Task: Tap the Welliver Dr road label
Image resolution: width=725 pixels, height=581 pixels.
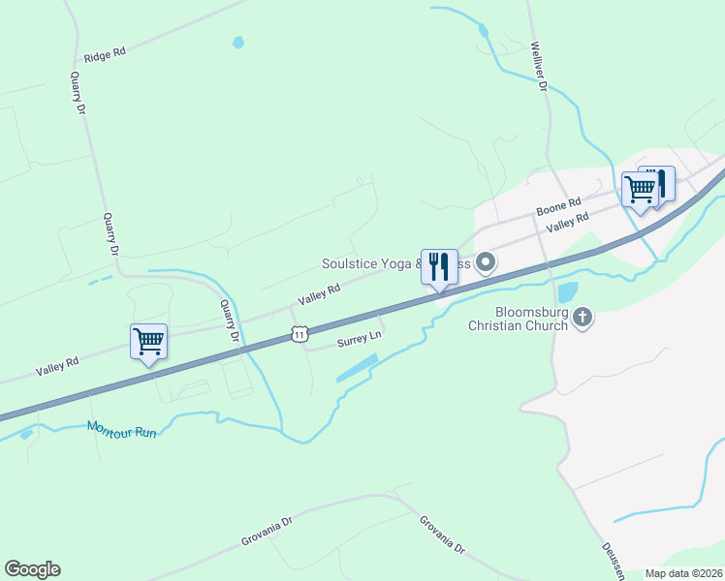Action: tap(540, 67)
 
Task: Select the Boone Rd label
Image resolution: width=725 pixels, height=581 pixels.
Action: tap(558, 207)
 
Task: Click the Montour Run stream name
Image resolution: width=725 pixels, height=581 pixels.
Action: tap(121, 428)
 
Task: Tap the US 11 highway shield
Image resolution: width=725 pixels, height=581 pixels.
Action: tap(300, 334)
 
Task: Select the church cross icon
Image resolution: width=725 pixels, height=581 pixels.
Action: tap(583, 317)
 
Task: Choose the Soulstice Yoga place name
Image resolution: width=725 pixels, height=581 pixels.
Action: tap(372, 263)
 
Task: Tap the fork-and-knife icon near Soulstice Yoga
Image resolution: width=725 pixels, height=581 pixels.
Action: tap(439, 266)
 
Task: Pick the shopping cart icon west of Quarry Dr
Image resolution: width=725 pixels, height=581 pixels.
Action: tap(148, 341)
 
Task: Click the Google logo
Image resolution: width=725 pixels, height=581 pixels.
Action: tap(32, 569)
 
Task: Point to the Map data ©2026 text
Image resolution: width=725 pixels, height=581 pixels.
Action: tap(683, 573)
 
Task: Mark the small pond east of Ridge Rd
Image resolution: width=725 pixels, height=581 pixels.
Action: tap(238, 43)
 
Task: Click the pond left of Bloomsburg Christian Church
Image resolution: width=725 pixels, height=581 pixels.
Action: tap(567, 291)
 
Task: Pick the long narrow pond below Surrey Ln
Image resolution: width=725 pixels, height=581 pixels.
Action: tap(357, 367)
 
